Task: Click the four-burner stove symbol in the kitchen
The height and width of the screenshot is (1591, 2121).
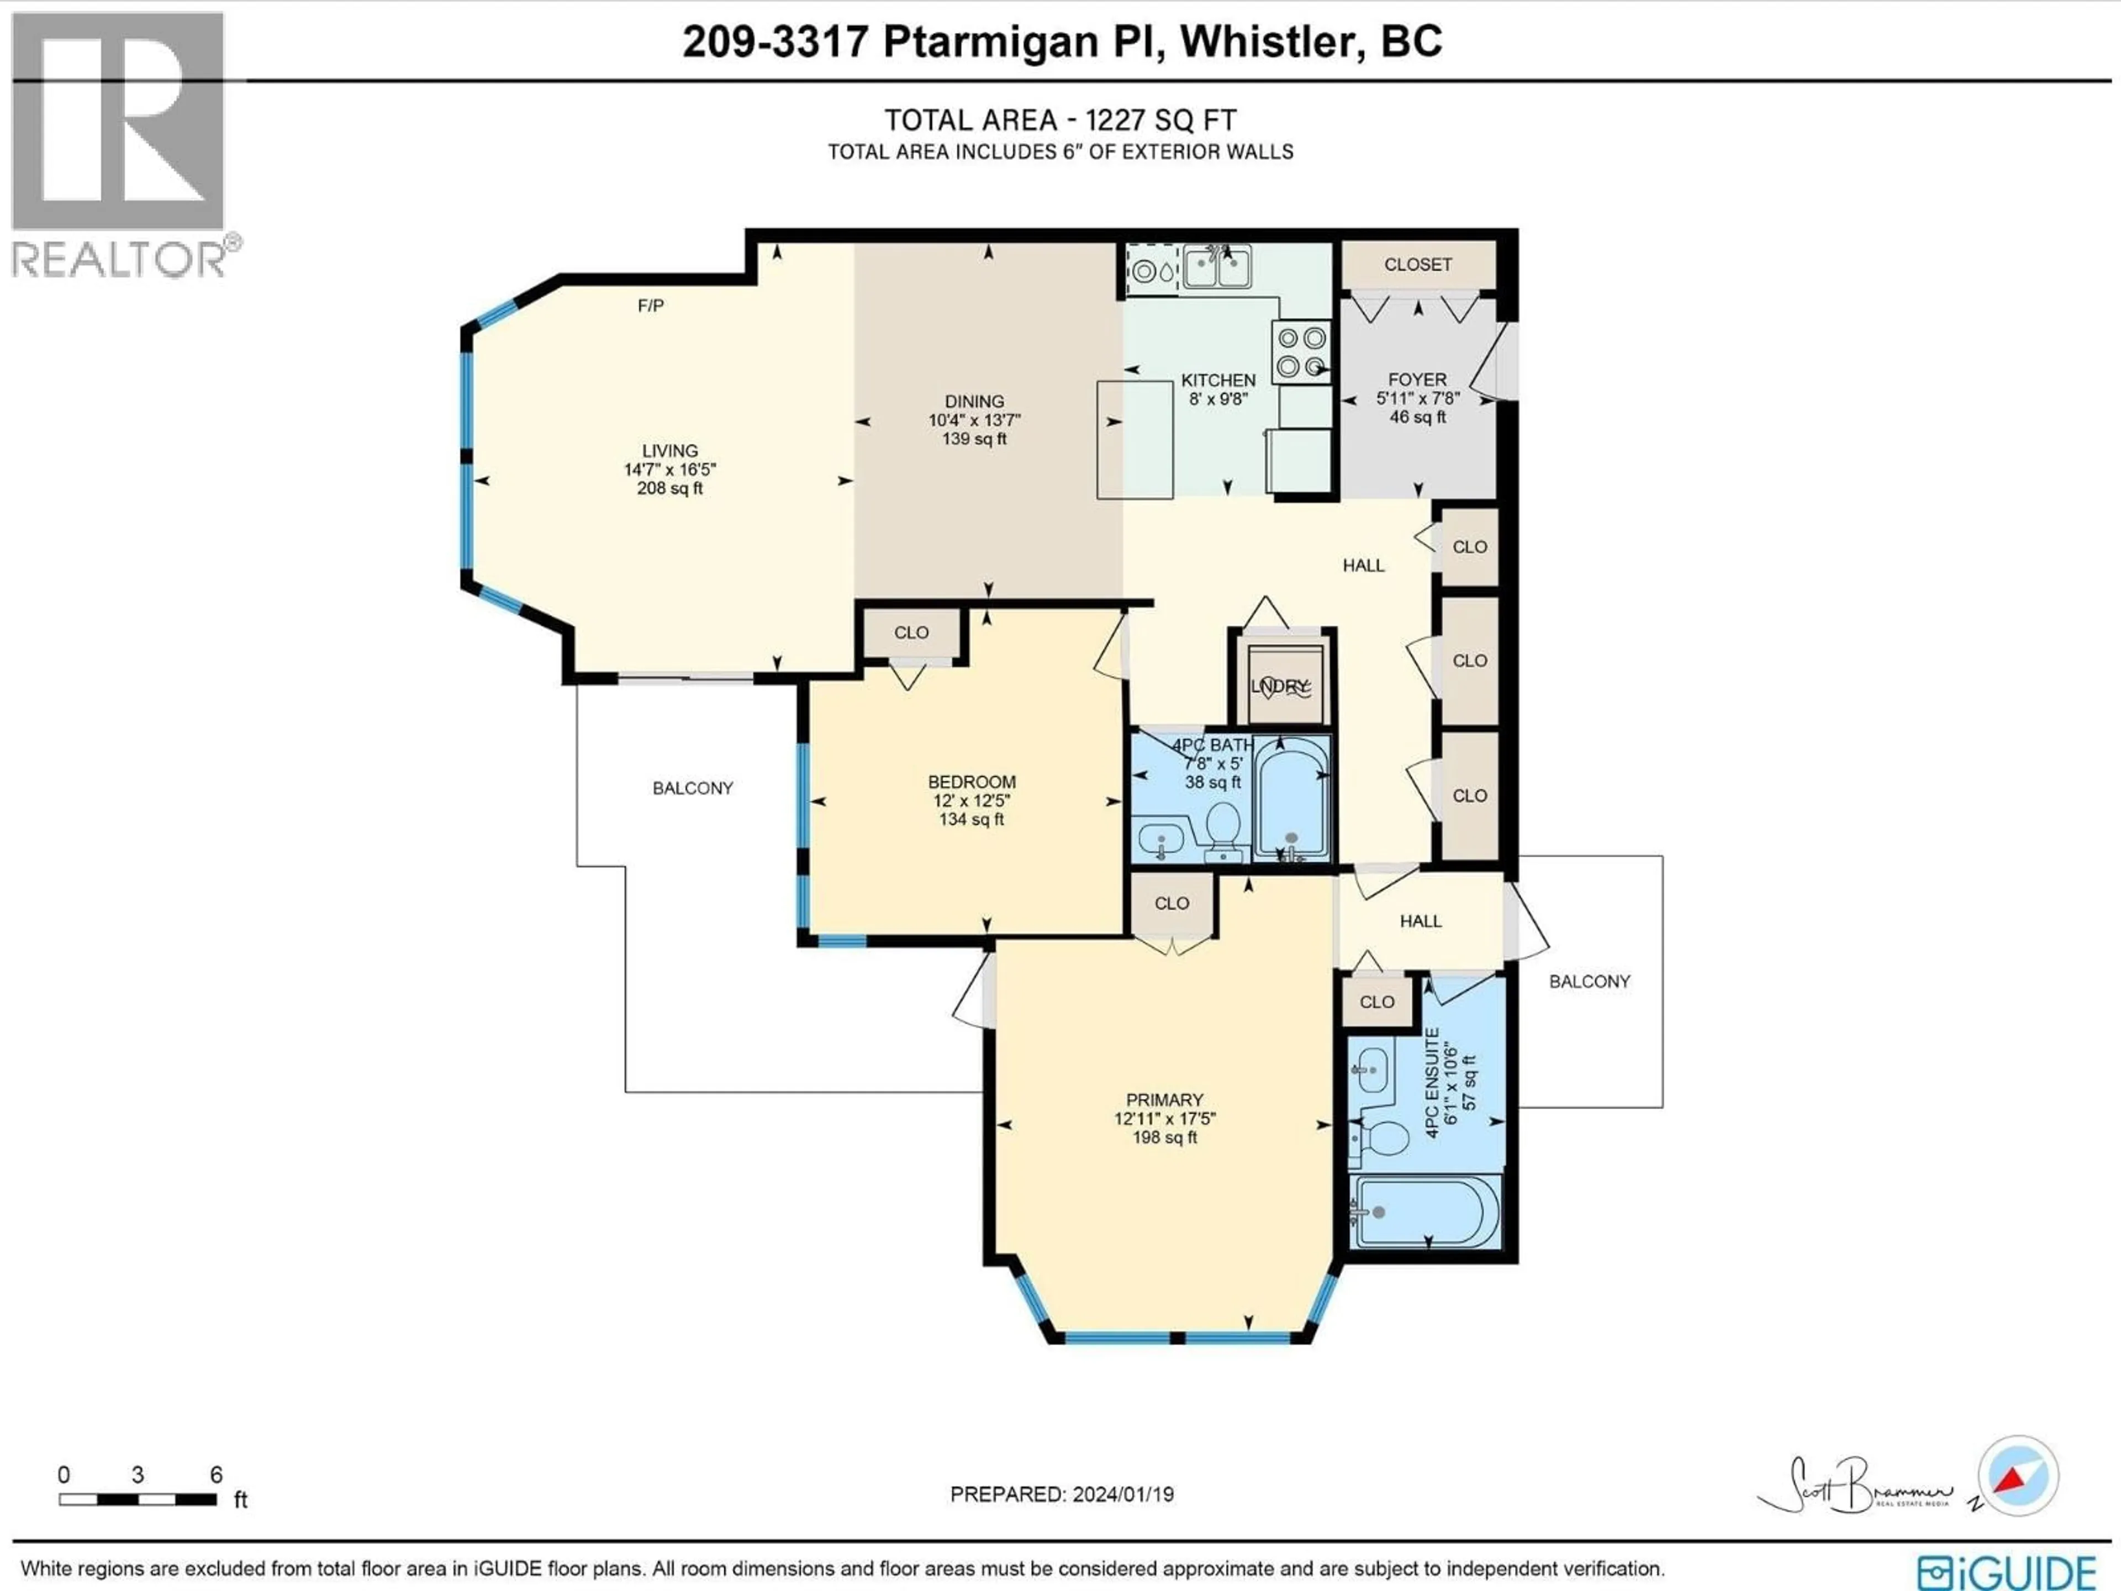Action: pyautogui.click(x=1301, y=352)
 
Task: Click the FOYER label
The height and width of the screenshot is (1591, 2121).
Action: pyautogui.click(x=1417, y=380)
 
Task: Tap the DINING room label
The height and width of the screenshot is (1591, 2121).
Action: pyautogui.click(x=974, y=402)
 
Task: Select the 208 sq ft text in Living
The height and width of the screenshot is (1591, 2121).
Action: pyautogui.click(x=669, y=488)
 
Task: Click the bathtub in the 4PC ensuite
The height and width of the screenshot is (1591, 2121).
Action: pyautogui.click(x=1425, y=1212)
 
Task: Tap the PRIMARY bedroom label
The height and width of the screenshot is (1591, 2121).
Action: pyautogui.click(x=1164, y=1100)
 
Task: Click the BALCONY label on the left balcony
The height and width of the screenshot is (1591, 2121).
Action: pyautogui.click(x=692, y=788)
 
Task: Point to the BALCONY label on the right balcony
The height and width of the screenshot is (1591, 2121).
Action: pyautogui.click(x=1589, y=981)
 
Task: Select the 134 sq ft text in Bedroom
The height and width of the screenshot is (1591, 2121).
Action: pyautogui.click(x=972, y=819)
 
